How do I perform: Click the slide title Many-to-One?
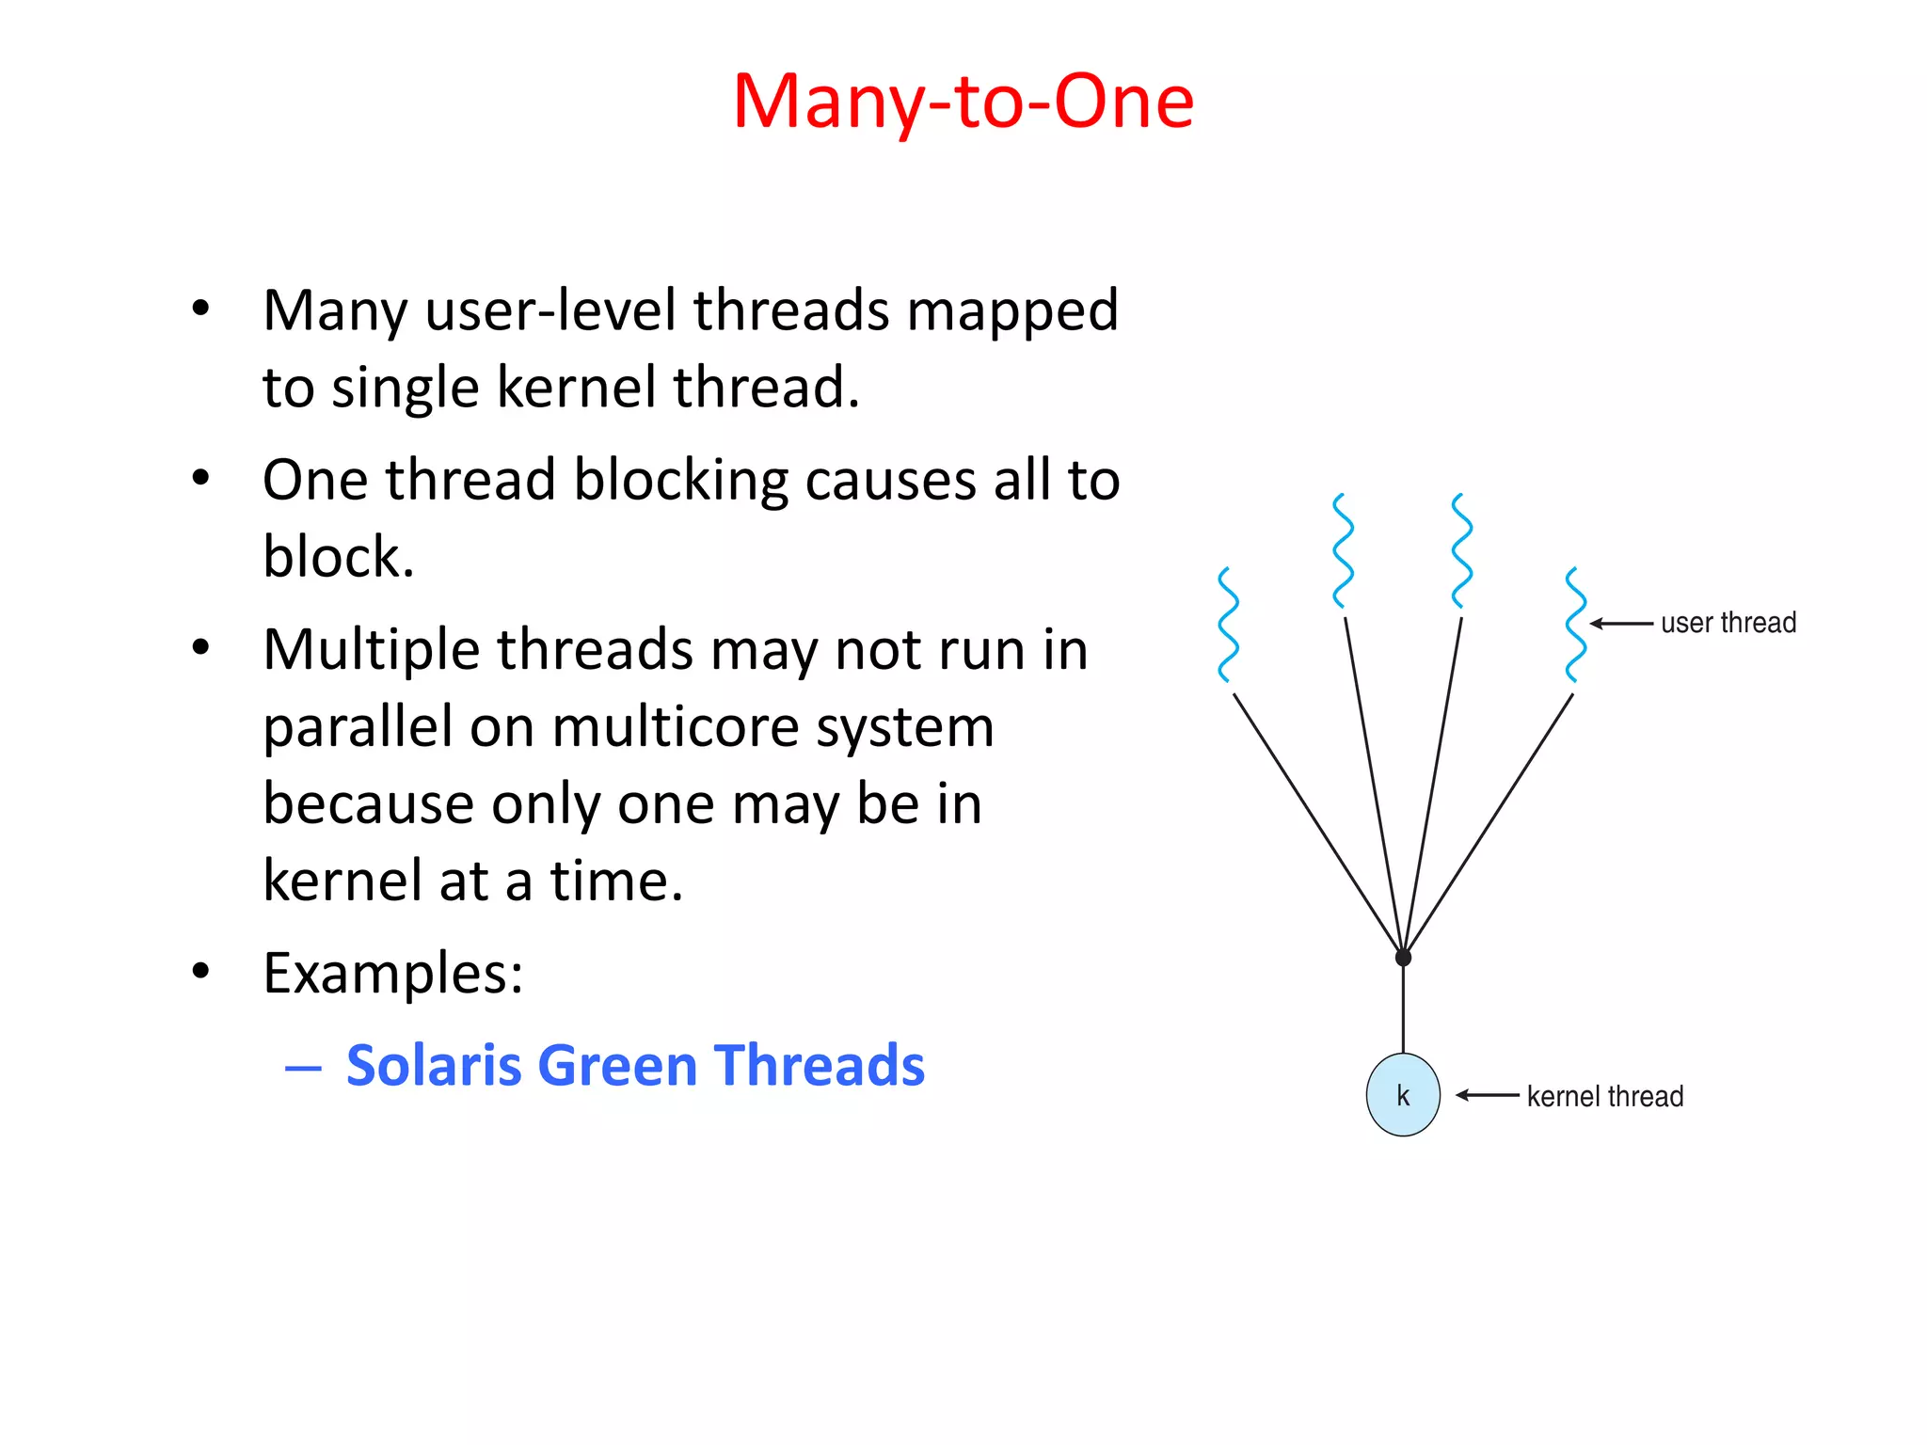963,101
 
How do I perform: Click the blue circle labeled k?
1402,1095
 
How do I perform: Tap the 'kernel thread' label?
1604,1096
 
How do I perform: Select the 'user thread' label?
1728,623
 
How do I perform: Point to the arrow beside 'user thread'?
1620,624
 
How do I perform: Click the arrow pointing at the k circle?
1487,1095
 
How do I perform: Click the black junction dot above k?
1403,958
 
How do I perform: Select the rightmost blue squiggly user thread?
1575,625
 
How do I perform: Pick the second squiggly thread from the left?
1344,551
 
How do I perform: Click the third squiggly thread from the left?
1461,551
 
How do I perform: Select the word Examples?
392,973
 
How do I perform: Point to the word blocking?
681,481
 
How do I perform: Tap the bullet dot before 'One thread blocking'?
199,479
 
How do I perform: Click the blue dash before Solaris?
303,1069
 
